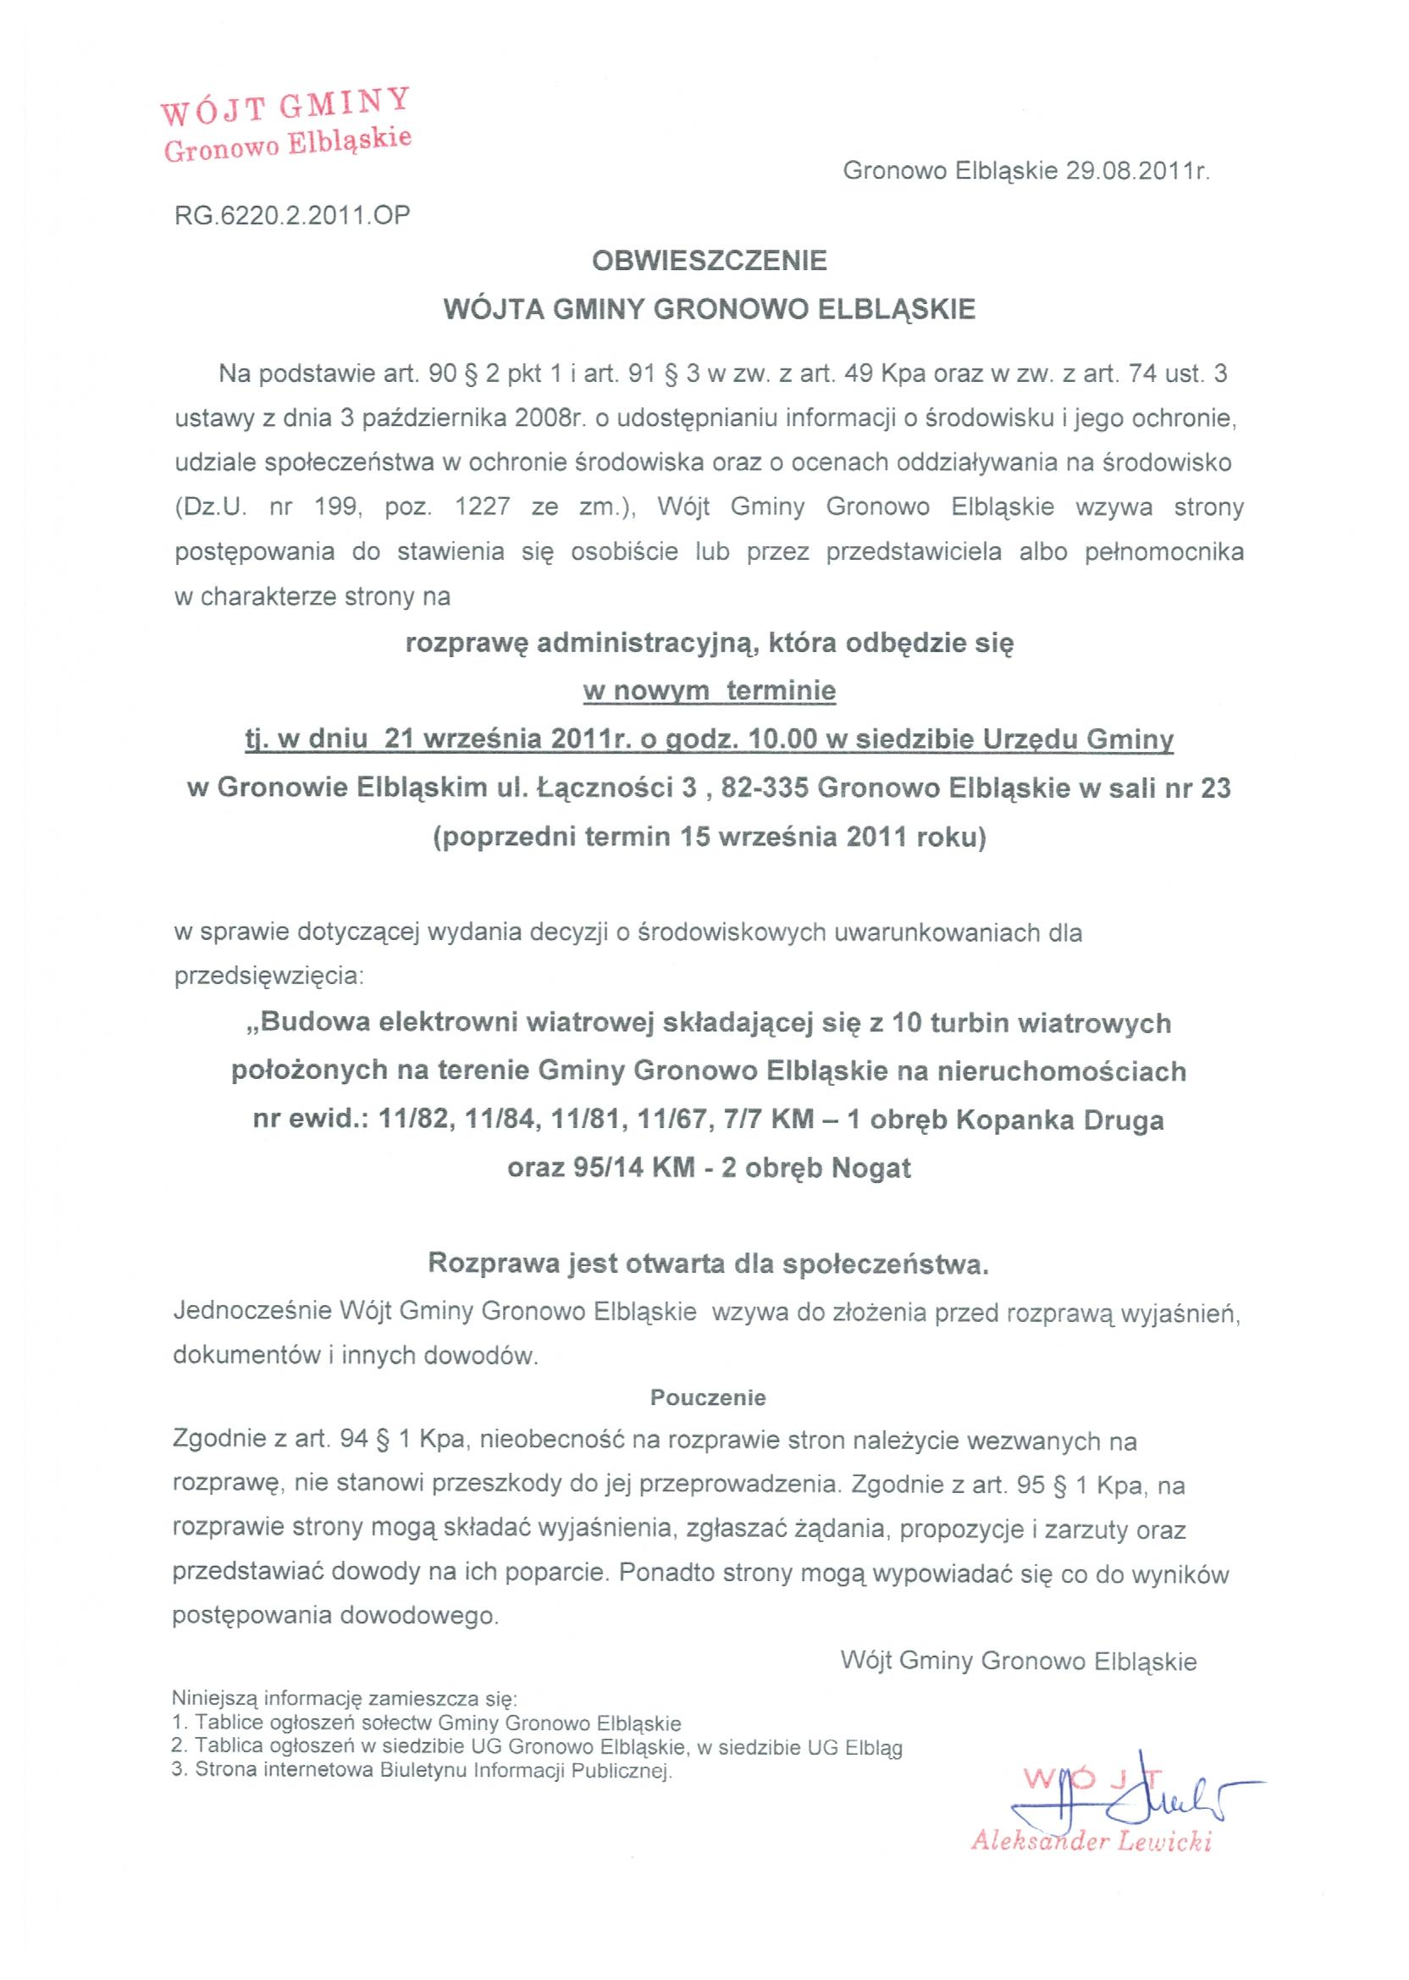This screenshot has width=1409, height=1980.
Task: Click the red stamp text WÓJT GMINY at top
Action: tap(285, 110)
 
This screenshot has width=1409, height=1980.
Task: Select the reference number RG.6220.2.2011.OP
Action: tap(292, 215)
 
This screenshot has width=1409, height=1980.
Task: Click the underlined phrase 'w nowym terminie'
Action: tap(709, 691)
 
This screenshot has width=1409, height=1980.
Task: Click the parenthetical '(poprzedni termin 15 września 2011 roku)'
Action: tap(709, 838)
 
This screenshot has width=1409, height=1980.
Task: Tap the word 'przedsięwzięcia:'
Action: tap(270, 976)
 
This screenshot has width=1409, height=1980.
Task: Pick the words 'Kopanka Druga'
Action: tap(1059, 1120)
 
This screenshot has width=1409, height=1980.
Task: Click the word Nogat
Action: tap(871, 1168)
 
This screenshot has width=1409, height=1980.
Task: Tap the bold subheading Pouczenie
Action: tap(708, 1397)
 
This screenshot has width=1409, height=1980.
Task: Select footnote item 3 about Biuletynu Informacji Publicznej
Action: tap(423, 1768)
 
